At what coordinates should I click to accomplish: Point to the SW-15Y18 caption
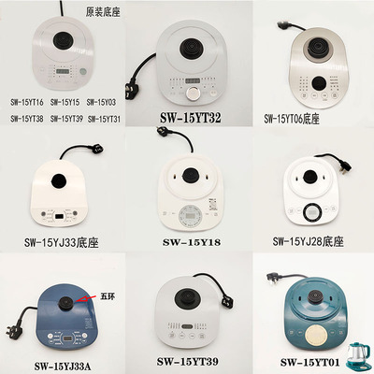pyautogui.click(x=193, y=243)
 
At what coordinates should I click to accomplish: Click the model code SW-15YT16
pyautogui.click(x=26, y=100)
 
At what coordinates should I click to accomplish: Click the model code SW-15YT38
pyautogui.click(x=26, y=118)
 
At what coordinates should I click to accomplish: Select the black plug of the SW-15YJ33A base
pyautogui.click(x=15, y=331)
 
